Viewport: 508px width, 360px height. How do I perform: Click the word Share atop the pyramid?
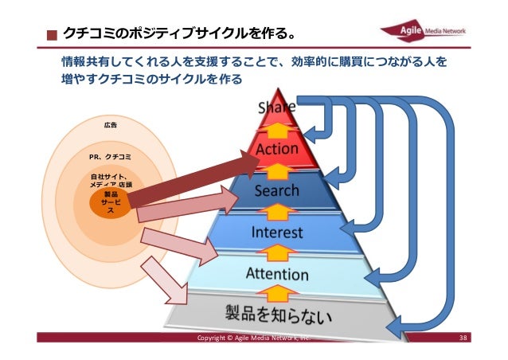[x=276, y=107]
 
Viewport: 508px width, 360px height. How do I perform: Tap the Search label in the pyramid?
[x=277, y=191]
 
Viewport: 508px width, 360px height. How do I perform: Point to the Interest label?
[x=277, y=233]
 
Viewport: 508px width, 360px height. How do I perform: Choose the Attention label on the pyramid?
[x=277, y=275]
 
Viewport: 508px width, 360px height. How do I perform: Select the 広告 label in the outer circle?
[x=110, y=125]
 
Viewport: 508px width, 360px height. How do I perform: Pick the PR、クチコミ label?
[x=111, y=156]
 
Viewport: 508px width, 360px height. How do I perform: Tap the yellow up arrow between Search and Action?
[x=277, y=170]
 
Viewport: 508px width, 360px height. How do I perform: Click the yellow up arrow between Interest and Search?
[x=277, y=212]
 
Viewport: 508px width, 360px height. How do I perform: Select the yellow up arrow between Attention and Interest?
[x=277, y=254]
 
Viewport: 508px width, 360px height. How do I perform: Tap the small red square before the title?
[x=52, y=36]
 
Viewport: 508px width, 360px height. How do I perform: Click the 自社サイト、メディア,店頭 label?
[x=111, y=179]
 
